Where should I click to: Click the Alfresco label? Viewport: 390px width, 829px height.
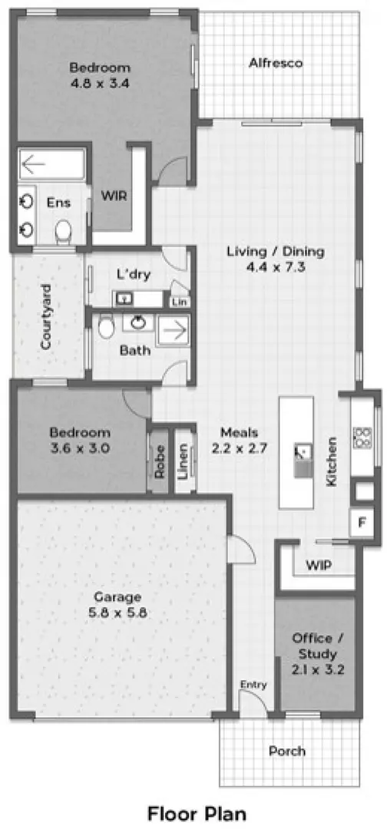click(276, 63)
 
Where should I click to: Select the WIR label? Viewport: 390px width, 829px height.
click(114, 196)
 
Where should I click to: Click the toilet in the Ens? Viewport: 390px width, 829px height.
click(64, 229)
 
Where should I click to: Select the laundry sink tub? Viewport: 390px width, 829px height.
click(124, 298)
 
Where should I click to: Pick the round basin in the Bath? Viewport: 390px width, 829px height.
click(139, 323)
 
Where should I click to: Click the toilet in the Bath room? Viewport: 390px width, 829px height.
click(105, 329)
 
